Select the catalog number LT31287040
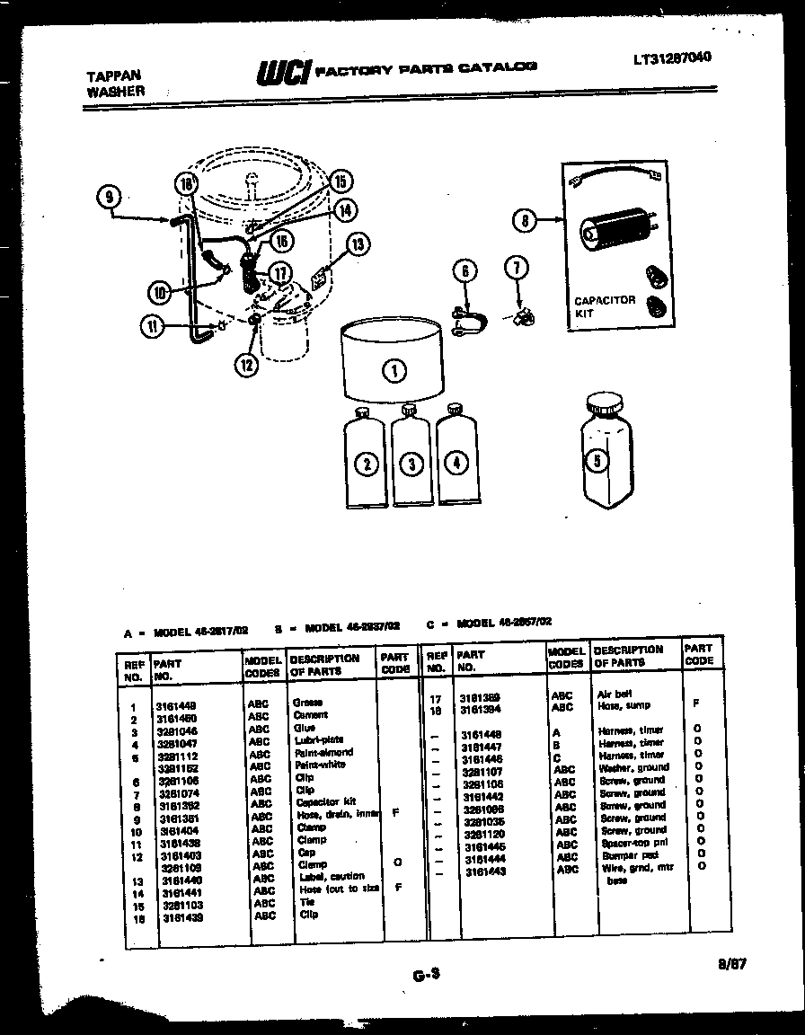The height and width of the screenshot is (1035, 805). (x=671, y=57)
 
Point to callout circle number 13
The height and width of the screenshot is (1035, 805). (x=358, y=244)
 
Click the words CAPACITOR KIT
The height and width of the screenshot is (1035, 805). (x=604, y=306)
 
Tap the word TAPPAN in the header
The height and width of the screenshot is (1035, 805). (x=112, y=76)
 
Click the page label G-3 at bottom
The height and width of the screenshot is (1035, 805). (x=425, y=975)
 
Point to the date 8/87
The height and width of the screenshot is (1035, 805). (x=731, y=966)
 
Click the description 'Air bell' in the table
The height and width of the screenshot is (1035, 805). (x=615, y=694)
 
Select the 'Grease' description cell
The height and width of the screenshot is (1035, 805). (x=307, y=703)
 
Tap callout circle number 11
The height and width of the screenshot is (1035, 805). (x=154, y=327)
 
